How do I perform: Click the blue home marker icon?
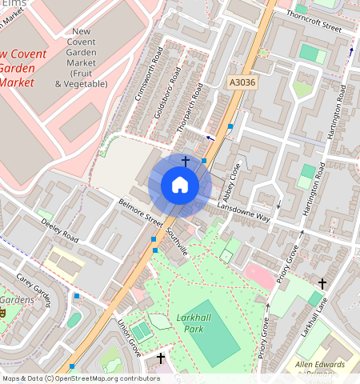(x=180, y=186)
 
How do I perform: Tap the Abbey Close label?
(x=232, y=182)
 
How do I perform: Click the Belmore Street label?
(x=140, y=214)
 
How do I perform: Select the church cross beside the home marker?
(x=186, y=162)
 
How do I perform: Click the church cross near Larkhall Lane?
(x=322, y=284)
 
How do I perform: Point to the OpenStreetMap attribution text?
(x=81, y=378)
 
